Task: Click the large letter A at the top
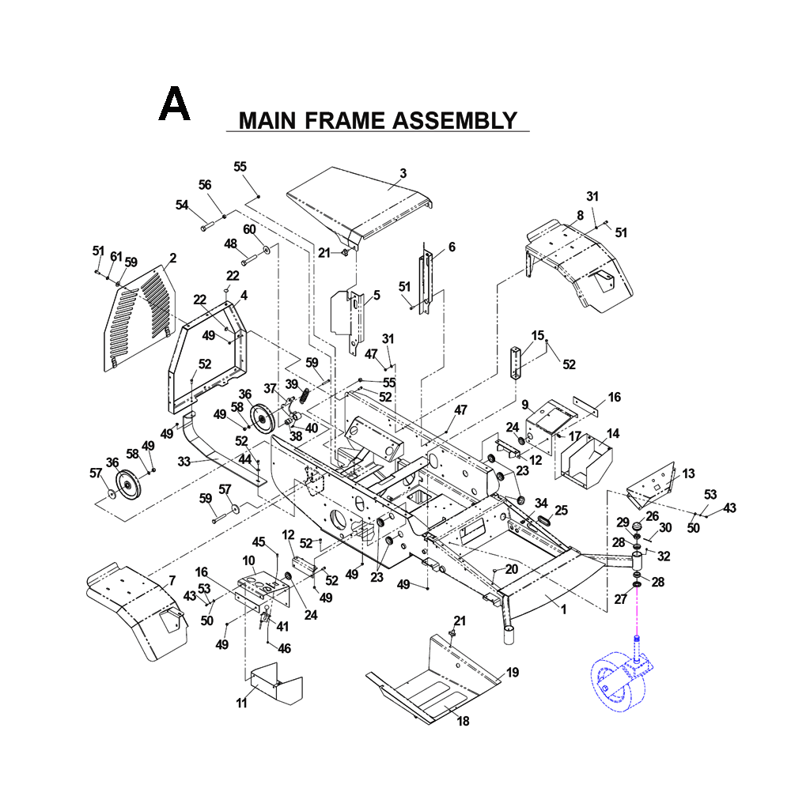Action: pyautogui.click(x=174, y=105)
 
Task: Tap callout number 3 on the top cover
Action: pyautogui.click(x=403, y=173)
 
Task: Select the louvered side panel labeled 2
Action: pyautogui.click(x=138, y=316)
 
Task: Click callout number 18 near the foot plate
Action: pyautogui.click(x=463, y=720)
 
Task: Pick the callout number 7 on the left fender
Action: pyautogui.click(x=172, y=582)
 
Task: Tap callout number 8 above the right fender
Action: pyautogui.click(x=580, y=215)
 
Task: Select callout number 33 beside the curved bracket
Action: pyautogui.click(x=184, y=461)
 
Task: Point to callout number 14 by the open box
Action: pyautogui.click(x=612, y=433)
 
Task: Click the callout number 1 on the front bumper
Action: pyautogui.click(x=563, y=609)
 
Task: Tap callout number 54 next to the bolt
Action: pyautogui.click(x=182, y=205)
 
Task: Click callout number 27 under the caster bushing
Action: pyautogui.click(x=621, y=600)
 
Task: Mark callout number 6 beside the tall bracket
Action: pyautogui.click(x=452, y=247)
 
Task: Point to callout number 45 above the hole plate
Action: pyautogui.click(x=258, y=541)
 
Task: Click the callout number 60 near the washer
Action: pyautogui.click(x=249, y=229)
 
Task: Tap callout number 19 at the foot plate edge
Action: pyautogui.click(x=513, y=673)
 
